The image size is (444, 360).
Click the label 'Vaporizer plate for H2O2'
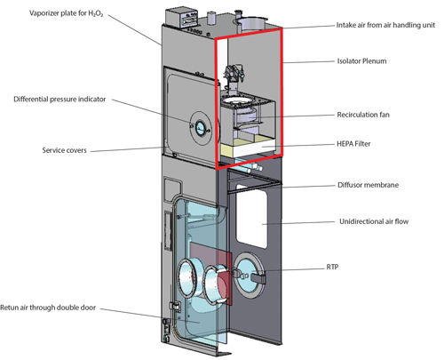67,13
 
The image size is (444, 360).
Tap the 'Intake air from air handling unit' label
385,25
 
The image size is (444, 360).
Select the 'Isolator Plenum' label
361,61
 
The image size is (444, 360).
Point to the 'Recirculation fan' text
363,115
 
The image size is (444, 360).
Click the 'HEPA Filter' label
353,144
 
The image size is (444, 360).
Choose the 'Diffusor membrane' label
368,185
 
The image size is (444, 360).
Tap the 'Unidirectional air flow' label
374,221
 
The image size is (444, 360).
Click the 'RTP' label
332,268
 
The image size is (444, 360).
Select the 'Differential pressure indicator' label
59,100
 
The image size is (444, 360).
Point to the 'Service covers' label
64,150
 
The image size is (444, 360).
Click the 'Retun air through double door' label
48,308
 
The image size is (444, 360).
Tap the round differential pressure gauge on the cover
201,128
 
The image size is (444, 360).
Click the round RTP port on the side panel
249,276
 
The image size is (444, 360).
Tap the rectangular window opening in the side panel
251,216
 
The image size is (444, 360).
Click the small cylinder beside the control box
211,18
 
